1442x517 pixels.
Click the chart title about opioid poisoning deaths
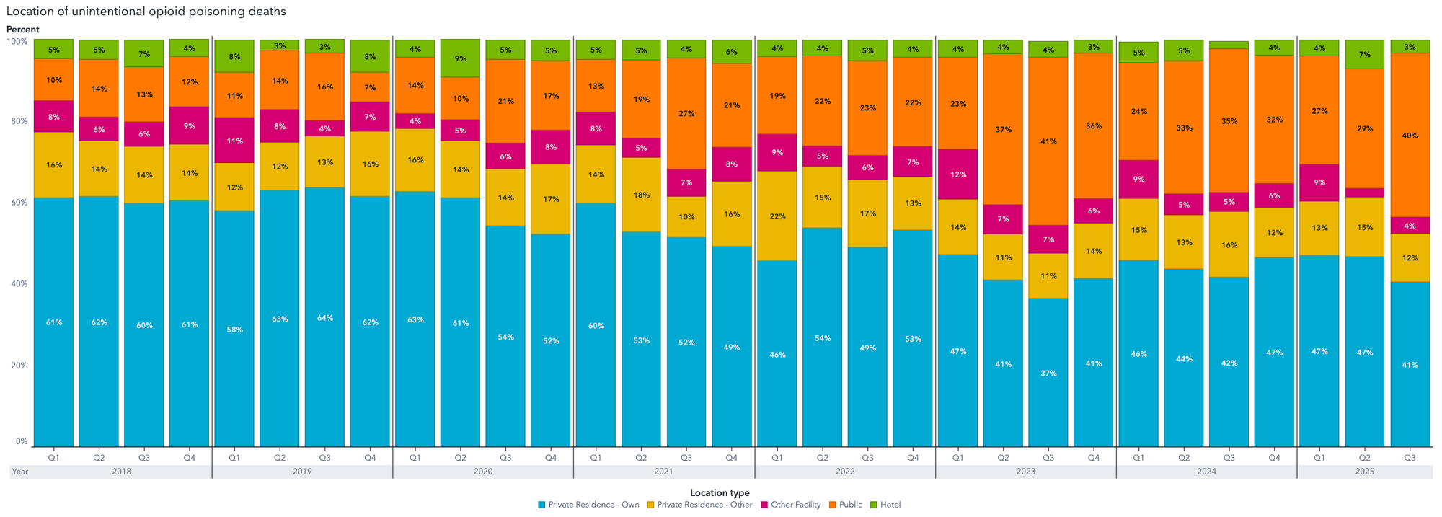tap(146, 12)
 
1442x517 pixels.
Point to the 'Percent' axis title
tap(23, 30)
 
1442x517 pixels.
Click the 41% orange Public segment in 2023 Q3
tap(1048, 141)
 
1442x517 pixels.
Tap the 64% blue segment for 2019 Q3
tap(324, 318)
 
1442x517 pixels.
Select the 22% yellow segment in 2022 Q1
tap(777, 216)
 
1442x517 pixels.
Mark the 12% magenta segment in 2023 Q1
tap(957, 174)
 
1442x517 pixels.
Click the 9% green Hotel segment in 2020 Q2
tap(460, 58)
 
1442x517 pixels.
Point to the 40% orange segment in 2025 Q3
tap(1410, 136)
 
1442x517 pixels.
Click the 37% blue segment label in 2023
tap(1048, 374)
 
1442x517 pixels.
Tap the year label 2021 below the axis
tap(663, 472)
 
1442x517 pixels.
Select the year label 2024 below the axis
tap(1206, 472)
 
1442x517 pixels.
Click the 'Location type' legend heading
tap(720, 493)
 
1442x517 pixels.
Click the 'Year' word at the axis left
tap(20, 472)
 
